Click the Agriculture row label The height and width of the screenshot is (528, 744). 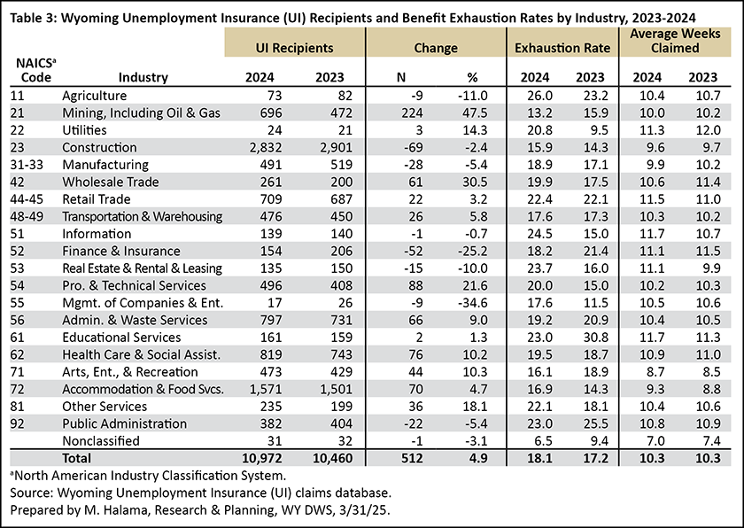(95, 96)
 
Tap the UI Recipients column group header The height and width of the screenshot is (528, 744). (295, 48)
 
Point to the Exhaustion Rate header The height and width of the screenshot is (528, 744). (562, 48)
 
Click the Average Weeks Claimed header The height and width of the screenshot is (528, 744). (675, 41)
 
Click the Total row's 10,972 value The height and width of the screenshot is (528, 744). (262, 458)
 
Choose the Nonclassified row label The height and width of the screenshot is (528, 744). (101, 440)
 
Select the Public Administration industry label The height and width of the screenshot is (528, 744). (124, 423)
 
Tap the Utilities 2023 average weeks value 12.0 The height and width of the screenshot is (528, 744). (708, 130)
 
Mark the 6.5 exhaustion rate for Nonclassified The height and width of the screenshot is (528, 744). (543, 440)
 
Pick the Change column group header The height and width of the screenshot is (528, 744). (436, 48)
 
